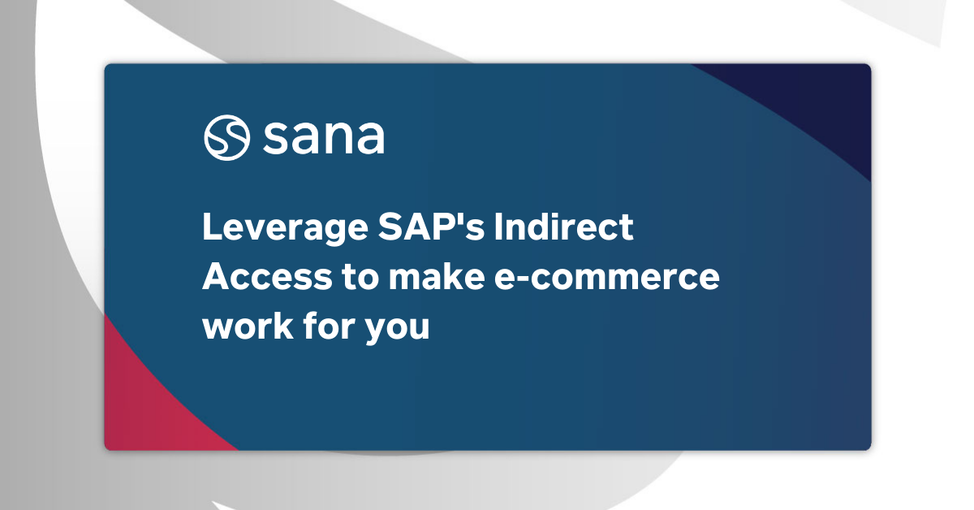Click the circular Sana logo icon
click(x=227, y=138)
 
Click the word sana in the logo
click(x=323, y=139)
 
